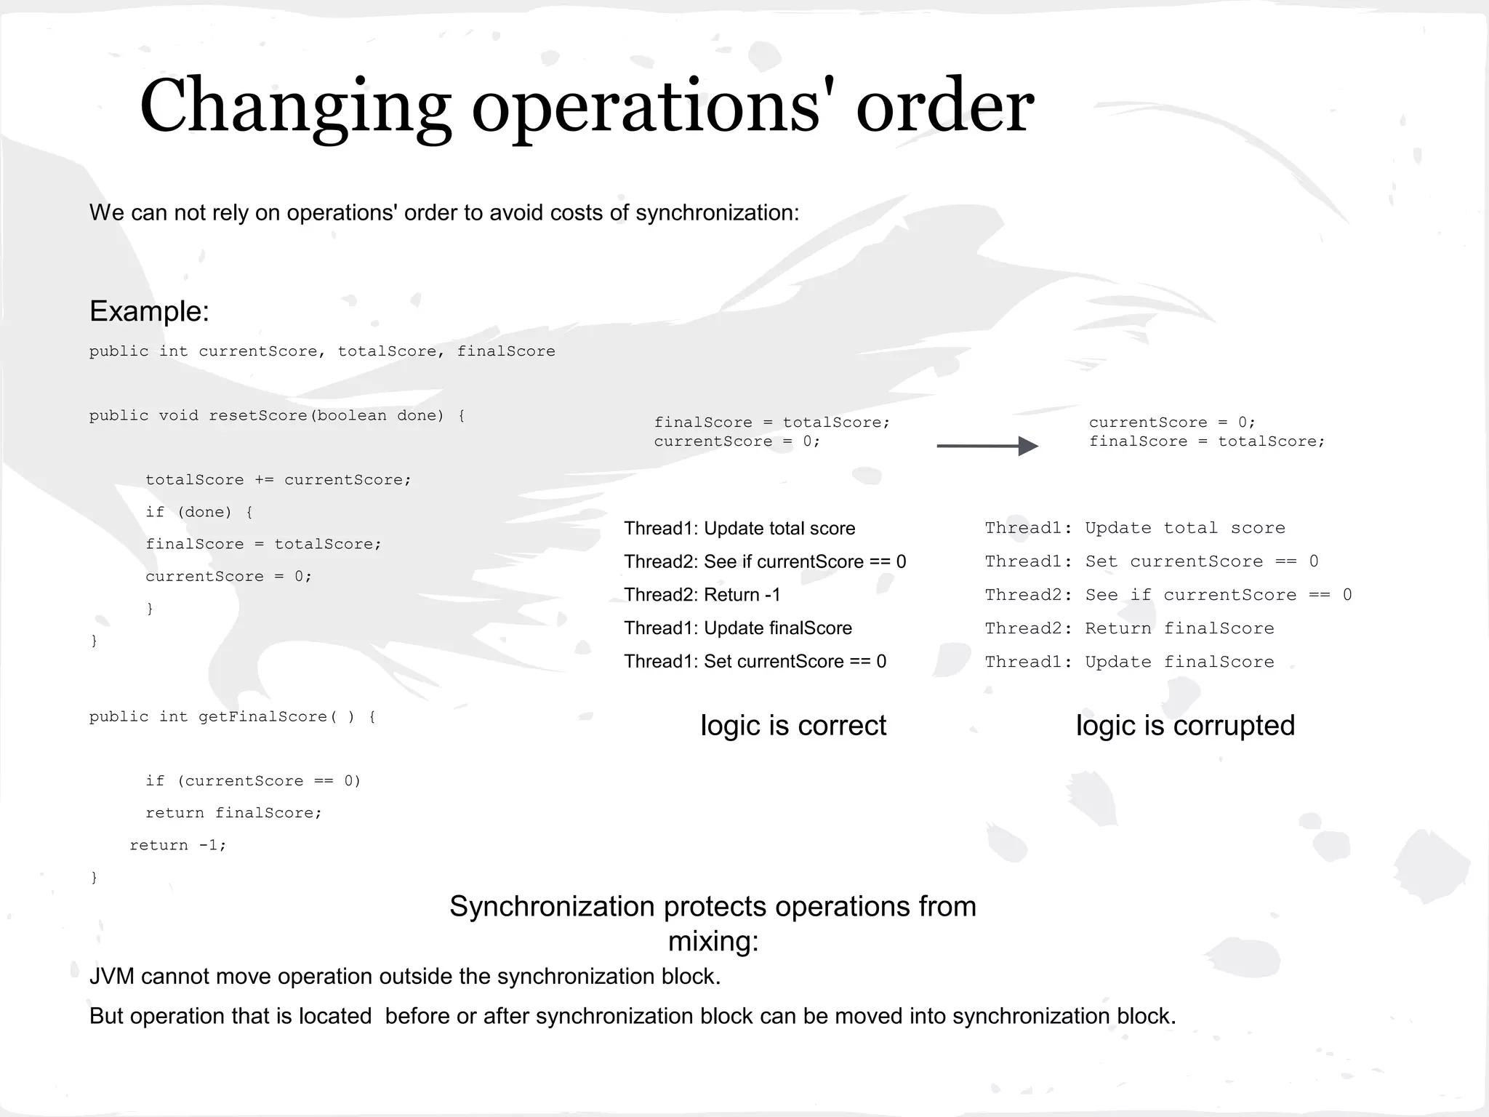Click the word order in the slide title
944,107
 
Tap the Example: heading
149,311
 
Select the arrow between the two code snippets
987,446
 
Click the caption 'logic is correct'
792,726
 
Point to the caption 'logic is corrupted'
1185,726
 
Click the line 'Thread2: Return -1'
702,595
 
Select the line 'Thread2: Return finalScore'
1129,628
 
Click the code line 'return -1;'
178,845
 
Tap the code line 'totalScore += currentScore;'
278,480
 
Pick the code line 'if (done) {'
198,512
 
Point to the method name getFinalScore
263,717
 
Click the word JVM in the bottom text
111,976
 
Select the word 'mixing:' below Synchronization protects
713,941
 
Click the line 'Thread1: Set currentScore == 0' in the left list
755,662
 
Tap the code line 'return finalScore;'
233,813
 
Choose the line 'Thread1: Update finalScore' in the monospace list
1129,662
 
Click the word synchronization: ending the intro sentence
717,212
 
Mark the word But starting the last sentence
107,1016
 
